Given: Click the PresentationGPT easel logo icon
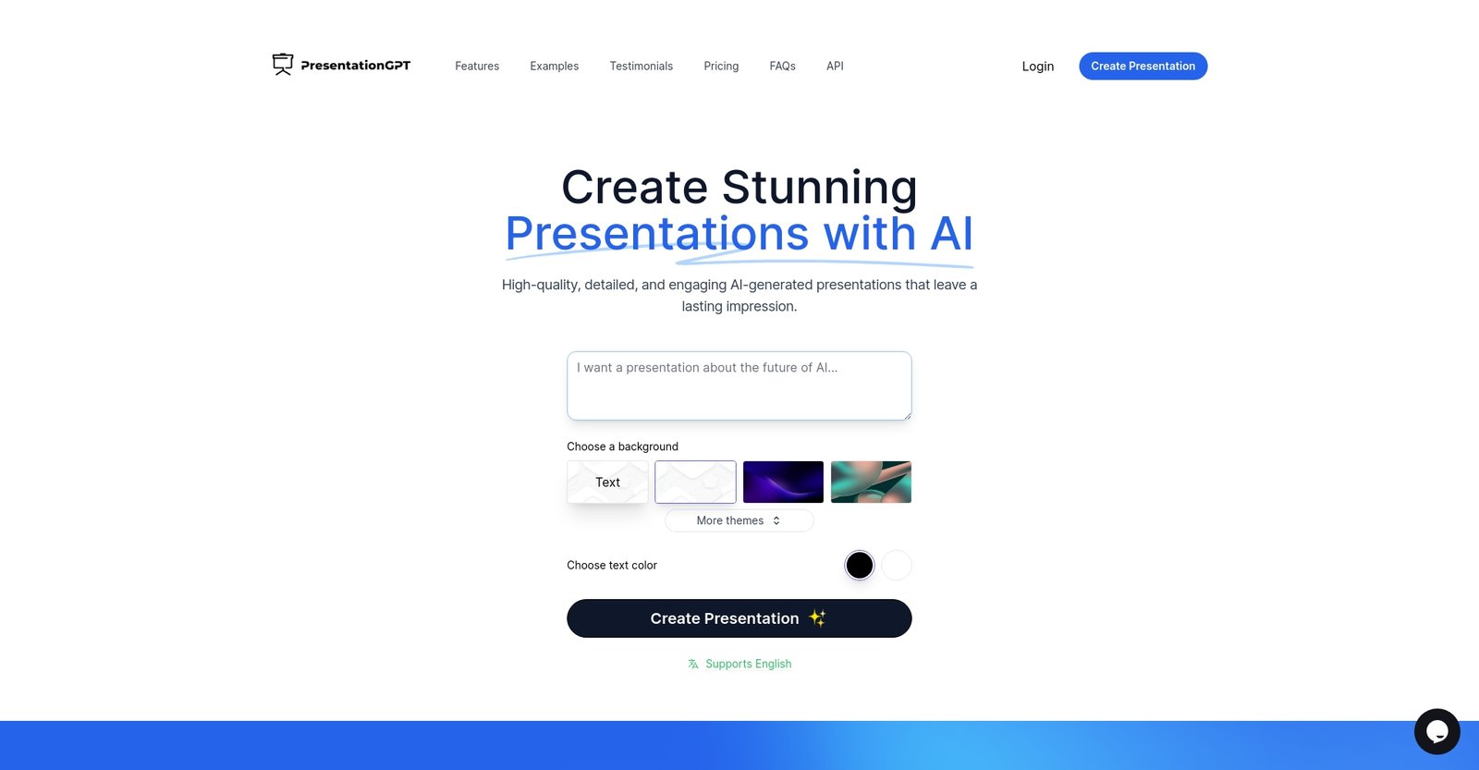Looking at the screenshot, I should (x=283, y=64).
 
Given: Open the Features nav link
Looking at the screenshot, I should (x=477, y=67).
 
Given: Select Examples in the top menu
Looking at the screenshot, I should (x=555, y=67).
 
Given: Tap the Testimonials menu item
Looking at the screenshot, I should (x=642, y=67).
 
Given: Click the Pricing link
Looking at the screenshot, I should (x=721, y=67).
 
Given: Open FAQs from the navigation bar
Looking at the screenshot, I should (x=783, y=67).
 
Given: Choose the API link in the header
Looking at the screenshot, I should (x=835, y=67).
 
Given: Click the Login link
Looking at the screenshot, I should (x=1038, y=67).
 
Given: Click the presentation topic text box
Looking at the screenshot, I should (x=739, y=385).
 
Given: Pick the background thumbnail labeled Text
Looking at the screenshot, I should (x=607, y=483).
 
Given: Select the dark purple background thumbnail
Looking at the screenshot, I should (x=783, y=483).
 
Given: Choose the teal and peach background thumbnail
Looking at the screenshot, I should (x=871, y=483).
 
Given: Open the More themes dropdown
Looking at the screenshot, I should (x=739, y=521).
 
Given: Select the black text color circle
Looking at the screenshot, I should (x=860, y=565).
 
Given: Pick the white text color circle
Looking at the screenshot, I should (x=897, y=565).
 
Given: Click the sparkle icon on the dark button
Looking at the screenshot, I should (x=817, y=618).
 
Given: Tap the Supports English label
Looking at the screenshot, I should (x=748, y=664).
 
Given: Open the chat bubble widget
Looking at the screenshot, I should (x=1437, y=732).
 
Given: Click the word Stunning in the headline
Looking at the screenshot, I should (x=819, y=188).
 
